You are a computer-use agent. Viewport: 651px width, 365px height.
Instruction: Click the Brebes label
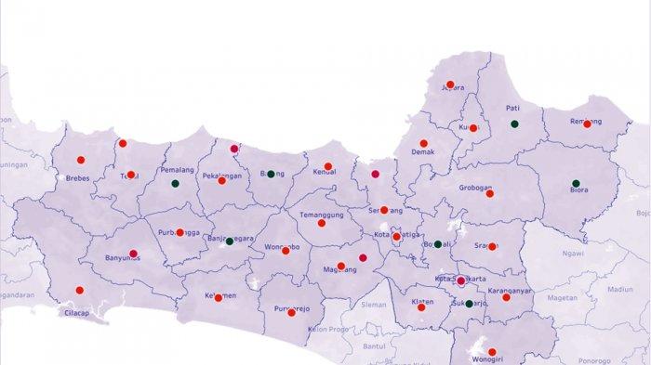77,178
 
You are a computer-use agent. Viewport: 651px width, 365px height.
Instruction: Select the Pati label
512,108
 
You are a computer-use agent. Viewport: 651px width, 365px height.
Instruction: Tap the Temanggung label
320,215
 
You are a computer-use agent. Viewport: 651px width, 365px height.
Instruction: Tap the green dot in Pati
513,124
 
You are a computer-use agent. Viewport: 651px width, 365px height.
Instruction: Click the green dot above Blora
576,183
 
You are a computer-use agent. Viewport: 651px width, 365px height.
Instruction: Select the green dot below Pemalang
175,183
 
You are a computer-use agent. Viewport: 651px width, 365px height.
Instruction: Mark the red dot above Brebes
80,160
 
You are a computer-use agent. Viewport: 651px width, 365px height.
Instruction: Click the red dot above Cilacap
79,290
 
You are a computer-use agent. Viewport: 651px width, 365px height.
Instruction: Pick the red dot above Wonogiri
492,352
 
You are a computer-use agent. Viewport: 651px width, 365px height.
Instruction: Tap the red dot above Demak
423,144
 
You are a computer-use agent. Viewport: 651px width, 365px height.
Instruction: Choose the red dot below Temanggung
322,223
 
